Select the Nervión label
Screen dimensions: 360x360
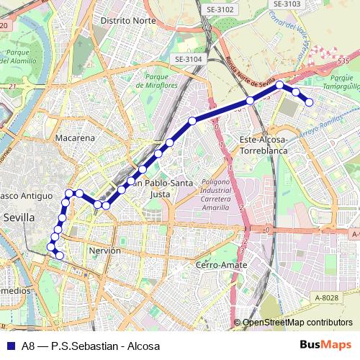[x=104, y=251]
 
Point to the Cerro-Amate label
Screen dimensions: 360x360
[x=222, y=265]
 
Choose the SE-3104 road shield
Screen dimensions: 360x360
[x=189, y=60]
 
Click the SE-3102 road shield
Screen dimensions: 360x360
[x=220, y=9]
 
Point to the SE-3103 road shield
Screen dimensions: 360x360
[x=287, y=4]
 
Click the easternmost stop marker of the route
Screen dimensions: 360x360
[x=310, y=102]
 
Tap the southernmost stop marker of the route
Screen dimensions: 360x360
[x=60, y=256]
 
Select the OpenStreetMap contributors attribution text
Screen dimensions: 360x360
[x=297, y=323]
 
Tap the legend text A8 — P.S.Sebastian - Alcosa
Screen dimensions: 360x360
[x=90, y=346]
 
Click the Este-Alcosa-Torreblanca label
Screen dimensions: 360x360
[x=264, y=145]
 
